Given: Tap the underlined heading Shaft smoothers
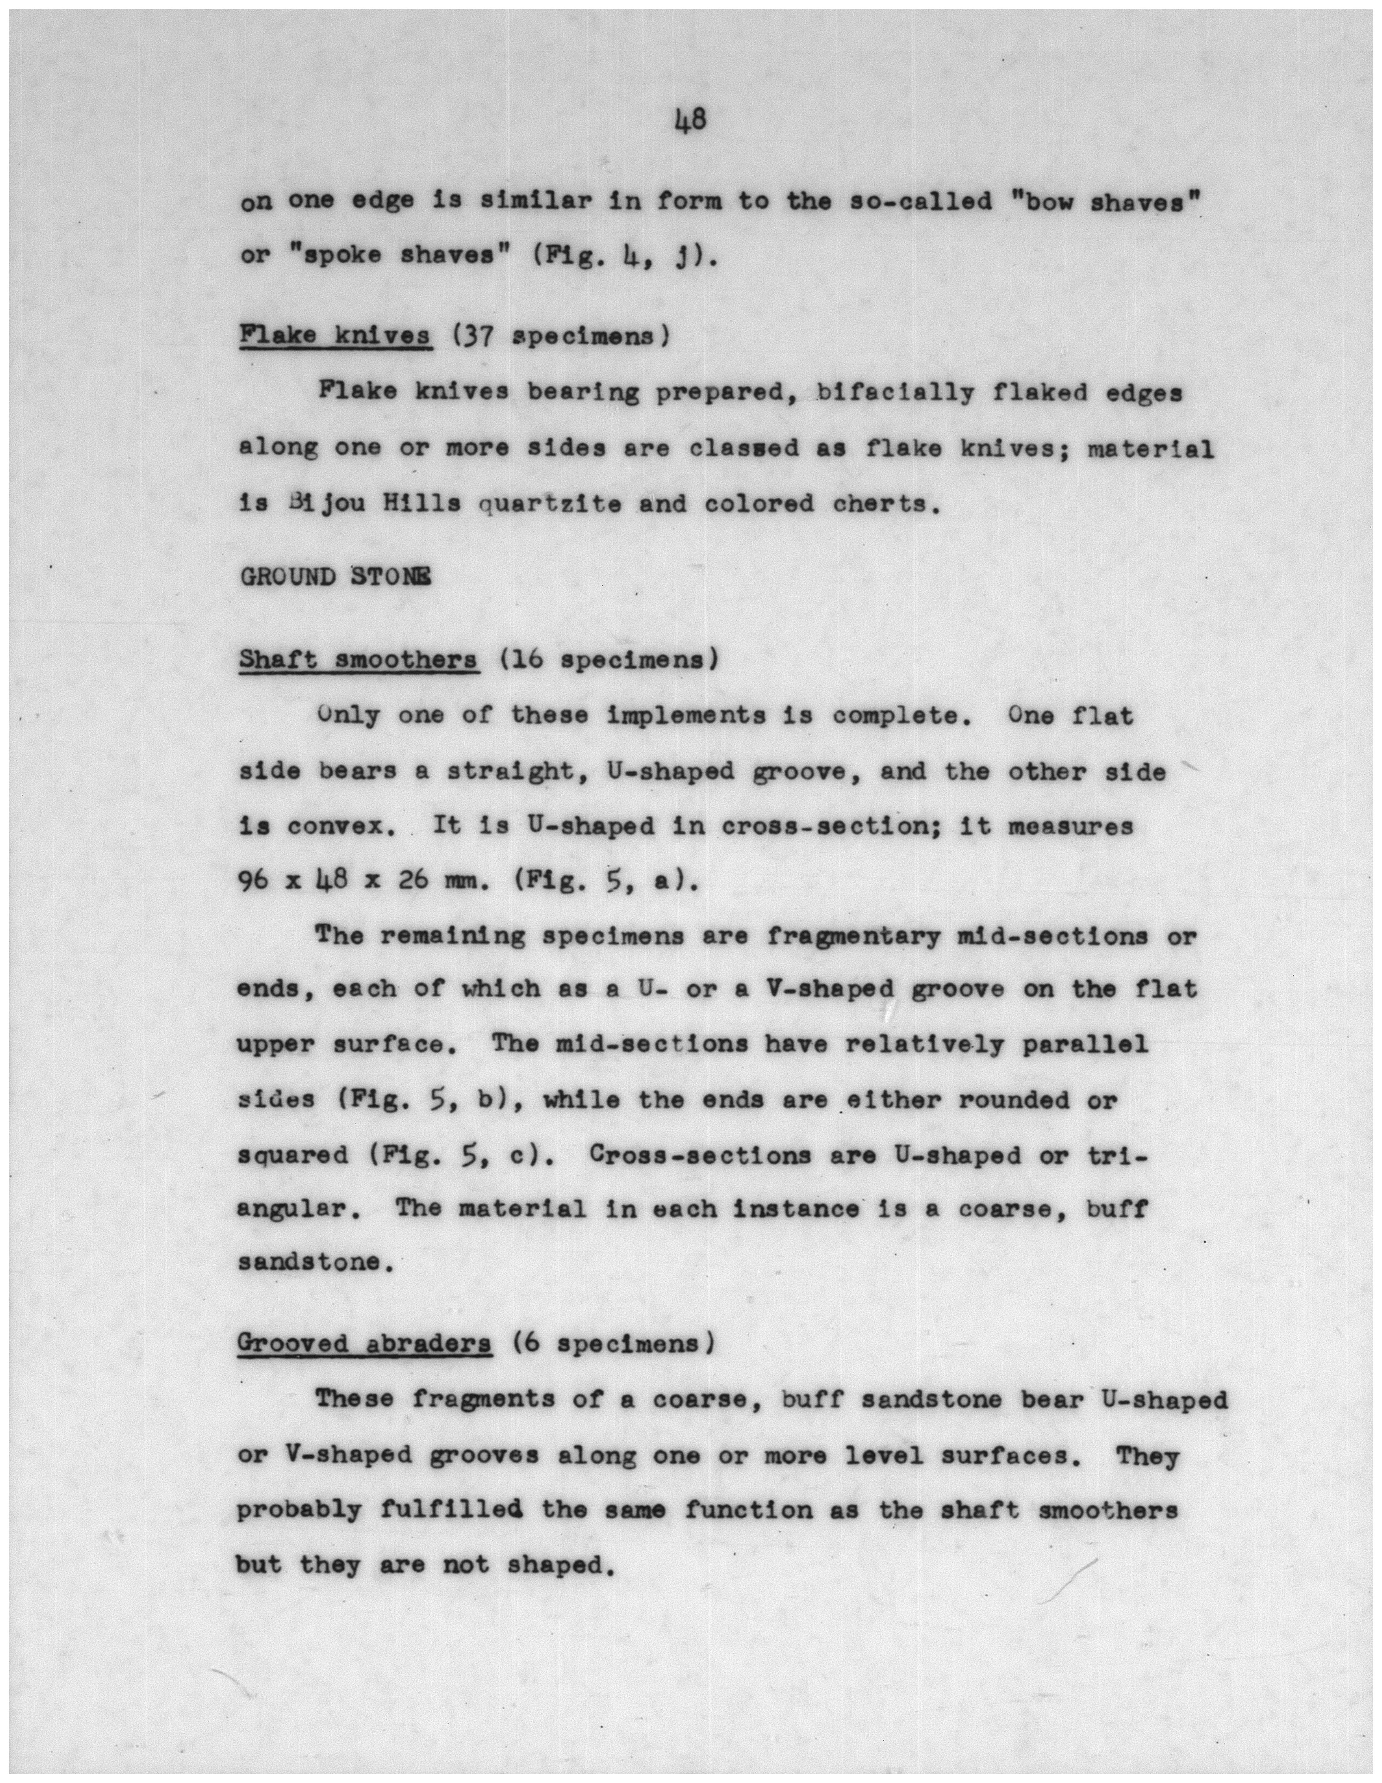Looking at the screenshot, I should click(358, 660).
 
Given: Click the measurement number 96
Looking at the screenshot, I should click(254, 881).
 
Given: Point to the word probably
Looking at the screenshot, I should click(299, 1511).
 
